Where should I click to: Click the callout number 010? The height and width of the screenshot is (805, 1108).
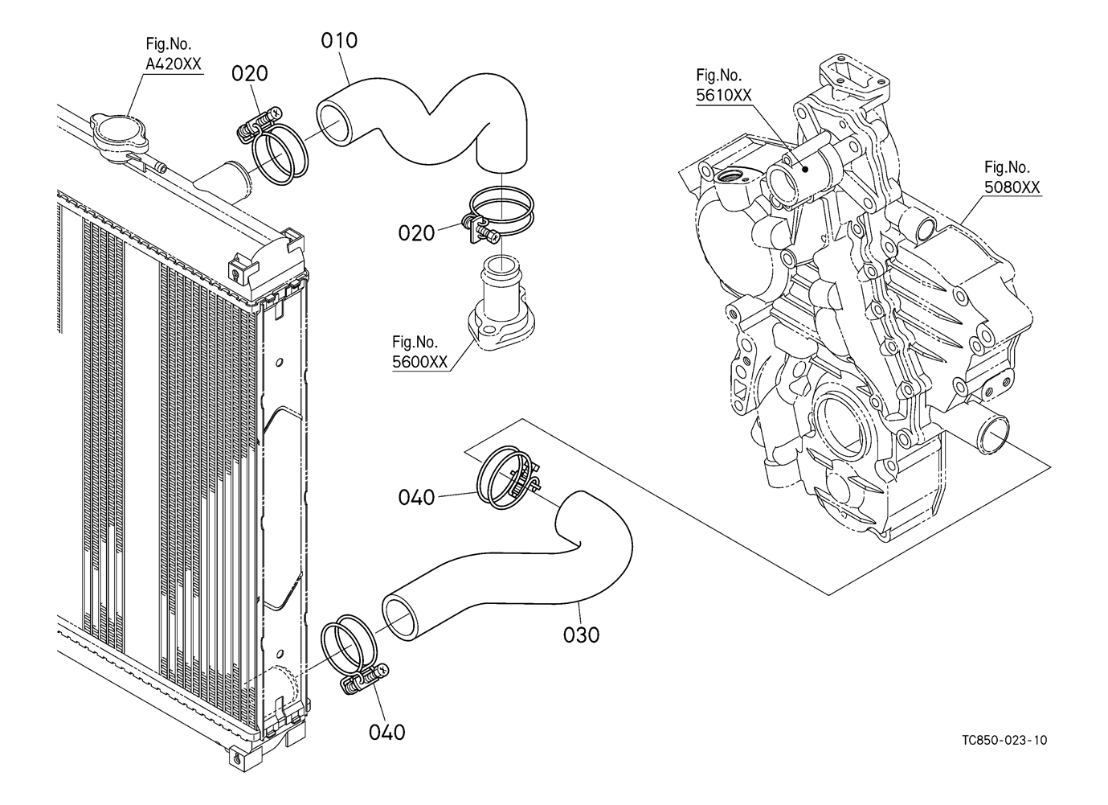coord(339,40)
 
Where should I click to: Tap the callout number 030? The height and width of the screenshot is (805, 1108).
coord(581,635)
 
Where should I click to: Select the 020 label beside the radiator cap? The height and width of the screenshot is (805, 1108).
coord(249,74)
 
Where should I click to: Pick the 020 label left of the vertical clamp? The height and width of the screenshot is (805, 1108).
coord(416,233)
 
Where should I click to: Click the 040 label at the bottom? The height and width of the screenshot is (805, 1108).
coord(386,733)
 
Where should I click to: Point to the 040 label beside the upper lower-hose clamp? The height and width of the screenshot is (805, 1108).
coord(416,498)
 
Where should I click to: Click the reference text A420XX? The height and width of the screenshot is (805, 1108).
coord(174,64)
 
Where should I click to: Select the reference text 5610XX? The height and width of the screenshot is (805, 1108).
coord(724,95)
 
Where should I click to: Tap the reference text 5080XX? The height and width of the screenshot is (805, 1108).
coord(1012,187)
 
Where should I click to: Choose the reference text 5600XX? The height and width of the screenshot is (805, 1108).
coord(419,362)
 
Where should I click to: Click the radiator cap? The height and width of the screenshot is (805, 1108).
coord(120,134)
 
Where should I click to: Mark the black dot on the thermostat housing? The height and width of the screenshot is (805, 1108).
coord(805,169)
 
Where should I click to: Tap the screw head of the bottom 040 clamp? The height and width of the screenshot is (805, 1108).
coord(382,672)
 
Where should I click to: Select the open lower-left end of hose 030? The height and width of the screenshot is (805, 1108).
coord(402,618)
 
